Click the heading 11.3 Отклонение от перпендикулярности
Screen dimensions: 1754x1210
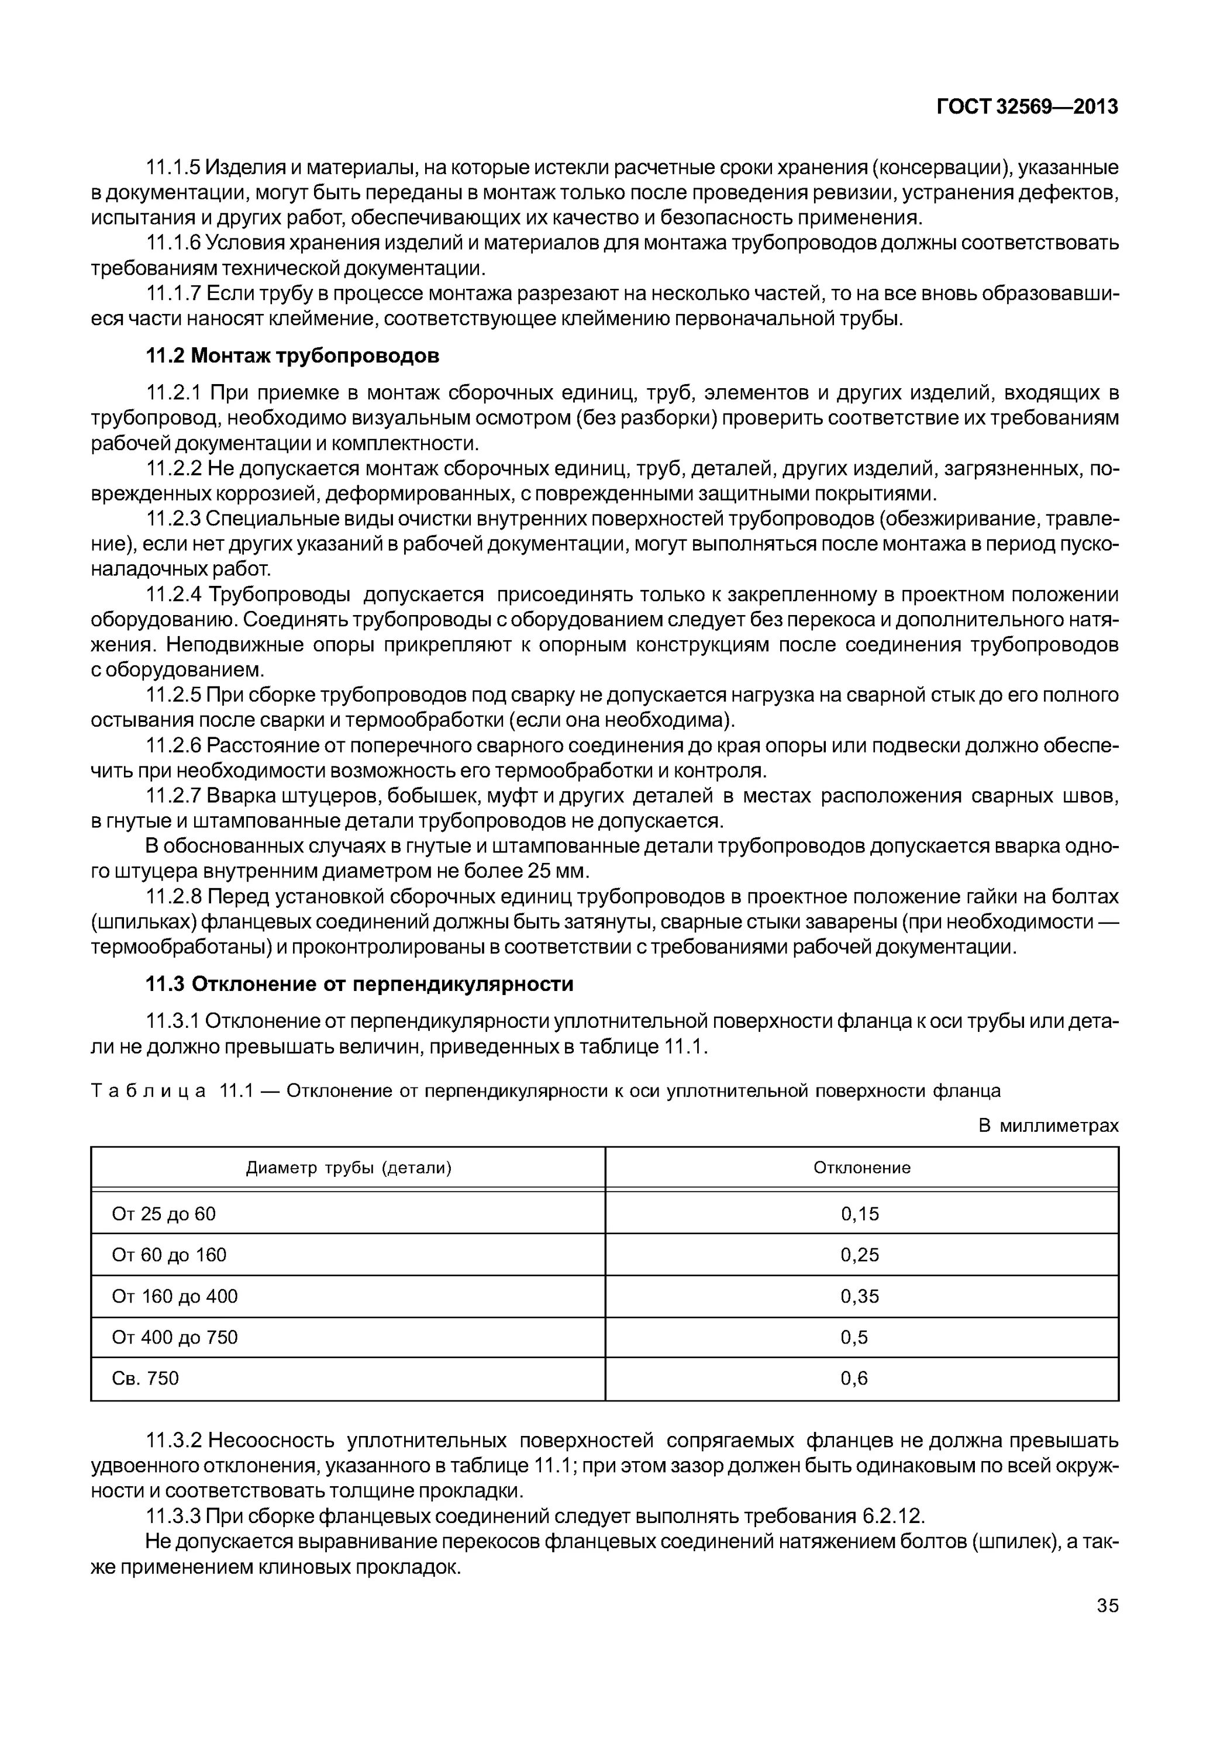(x=358, y=984)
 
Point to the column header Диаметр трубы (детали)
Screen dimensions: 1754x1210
(x=348, y=1168)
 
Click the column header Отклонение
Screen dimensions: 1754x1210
(x=861, y=1168)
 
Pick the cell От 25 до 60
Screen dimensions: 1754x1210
(x=164, y=1214)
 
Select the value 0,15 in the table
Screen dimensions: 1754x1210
(x=860, y=1214)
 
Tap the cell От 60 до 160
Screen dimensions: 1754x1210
(x=169, y=1255)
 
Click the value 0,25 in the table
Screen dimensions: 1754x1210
(x=860, y=1255)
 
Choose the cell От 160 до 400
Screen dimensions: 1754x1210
(x=174, y=1297)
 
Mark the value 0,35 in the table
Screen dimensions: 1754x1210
(x=860, y=1297)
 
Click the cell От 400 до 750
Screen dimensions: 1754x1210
(x=174, y=1338)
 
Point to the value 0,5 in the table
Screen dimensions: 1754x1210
(x=854, y=1338)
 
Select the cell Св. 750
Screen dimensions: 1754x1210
(x=145, y=1379)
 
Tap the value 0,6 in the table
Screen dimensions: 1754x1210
(x=854, y=1379)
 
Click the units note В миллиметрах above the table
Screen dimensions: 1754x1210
(x=1048, y=1125)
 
